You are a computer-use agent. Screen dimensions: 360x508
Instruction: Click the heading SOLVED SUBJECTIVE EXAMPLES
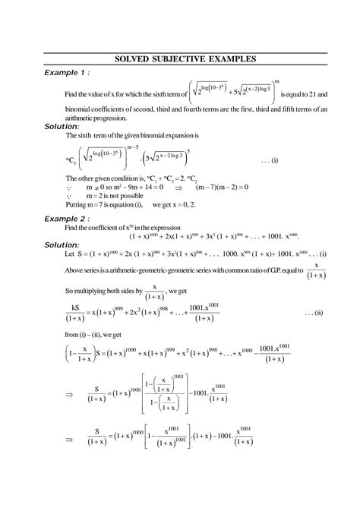[179, 58]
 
